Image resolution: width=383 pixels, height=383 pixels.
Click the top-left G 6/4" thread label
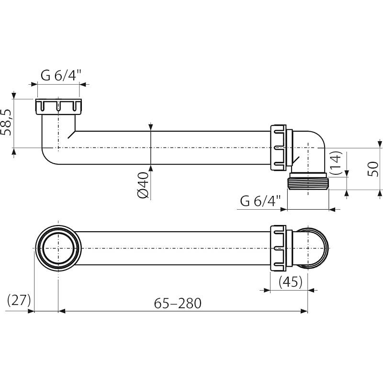61,75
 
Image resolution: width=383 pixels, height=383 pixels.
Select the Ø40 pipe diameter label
142,186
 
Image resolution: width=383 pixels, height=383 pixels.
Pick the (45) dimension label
290,282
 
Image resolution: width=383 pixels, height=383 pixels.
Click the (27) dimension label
19,301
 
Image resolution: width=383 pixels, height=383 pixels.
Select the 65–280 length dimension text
178,303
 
